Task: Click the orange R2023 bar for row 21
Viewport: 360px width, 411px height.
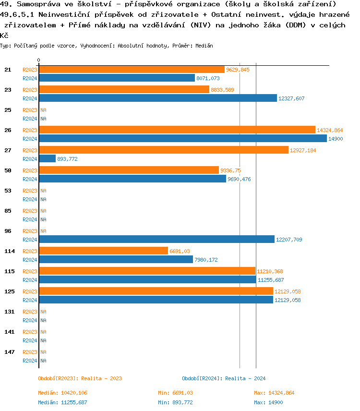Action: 132,70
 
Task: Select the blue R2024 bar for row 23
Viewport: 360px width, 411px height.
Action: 158,98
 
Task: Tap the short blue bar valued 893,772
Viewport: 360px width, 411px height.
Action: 48,159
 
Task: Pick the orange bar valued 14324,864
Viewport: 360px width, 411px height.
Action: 177,130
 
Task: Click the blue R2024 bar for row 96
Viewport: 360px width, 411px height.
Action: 156,240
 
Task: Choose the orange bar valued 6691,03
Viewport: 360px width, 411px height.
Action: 103,251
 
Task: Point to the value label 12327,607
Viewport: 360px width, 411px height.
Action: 291,98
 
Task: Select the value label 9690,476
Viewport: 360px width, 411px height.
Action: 239,179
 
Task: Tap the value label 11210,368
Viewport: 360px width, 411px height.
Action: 270,271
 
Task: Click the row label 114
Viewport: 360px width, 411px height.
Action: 10,251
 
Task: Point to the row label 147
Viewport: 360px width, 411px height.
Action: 10,352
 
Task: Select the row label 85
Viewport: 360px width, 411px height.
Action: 8,211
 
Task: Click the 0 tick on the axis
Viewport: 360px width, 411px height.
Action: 39,60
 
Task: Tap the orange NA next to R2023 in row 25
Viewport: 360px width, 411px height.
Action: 43,110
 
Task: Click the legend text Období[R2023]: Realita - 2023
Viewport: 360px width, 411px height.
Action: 80,378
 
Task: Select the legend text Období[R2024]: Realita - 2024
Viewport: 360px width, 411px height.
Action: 224,378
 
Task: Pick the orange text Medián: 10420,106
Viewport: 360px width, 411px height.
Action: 62,393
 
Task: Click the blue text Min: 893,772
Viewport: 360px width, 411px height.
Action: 175,402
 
